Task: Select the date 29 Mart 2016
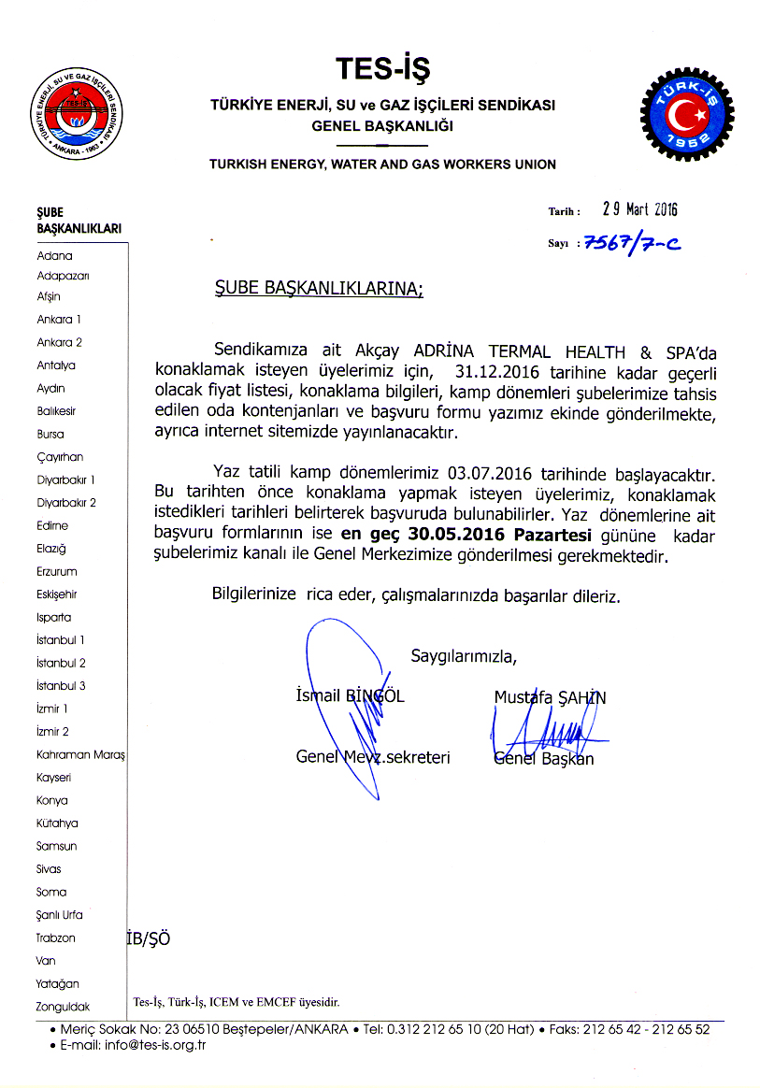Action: [639, 209]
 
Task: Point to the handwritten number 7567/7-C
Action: [633, 243]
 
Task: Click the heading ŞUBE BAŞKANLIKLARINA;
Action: [313, 290]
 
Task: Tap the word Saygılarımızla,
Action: [464, 655]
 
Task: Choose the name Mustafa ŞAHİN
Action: [551, 697]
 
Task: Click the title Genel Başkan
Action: [543, 758]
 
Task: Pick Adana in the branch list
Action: [54, 255]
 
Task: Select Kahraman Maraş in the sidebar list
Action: [80, 754]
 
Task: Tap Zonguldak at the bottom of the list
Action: [63, 1007]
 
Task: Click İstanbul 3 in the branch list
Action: [61, 685]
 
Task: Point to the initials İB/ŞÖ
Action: [149, 938]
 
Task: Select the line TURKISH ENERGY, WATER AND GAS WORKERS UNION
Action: [382, 165]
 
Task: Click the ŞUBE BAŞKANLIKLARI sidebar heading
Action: [79, 221]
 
